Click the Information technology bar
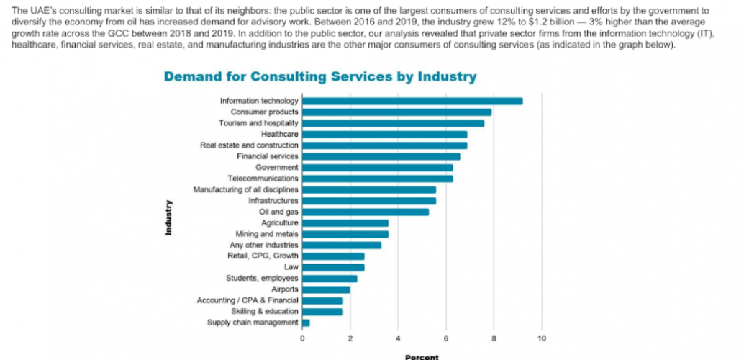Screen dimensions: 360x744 (412, 101)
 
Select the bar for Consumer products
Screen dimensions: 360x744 (396, 112)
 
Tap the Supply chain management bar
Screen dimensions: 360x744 (306, 323)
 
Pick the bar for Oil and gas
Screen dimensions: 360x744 (365, 212)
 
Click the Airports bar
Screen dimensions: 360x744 (326, 289)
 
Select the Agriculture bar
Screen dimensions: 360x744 (345, 223)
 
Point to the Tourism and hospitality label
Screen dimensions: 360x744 (258, 123)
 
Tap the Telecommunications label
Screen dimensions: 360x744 (263, 179)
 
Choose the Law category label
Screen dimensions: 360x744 (291, 267)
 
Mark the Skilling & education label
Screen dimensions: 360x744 (264, 311)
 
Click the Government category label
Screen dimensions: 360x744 (276, 168)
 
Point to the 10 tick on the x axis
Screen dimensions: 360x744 (542, 338)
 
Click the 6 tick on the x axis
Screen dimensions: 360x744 (446, 338)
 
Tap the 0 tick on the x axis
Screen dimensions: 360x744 (302, 338)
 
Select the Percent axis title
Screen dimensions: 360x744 (421, 356)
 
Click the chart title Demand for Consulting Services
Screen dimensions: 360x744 (319, 76)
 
